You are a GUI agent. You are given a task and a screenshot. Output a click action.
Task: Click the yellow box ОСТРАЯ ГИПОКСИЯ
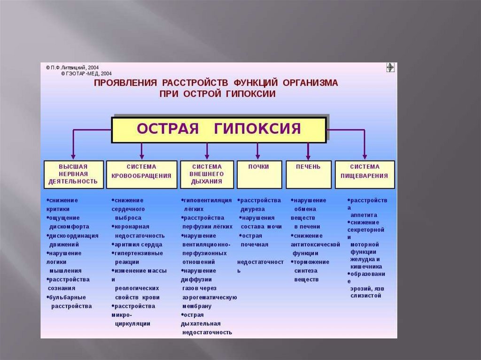pyautogui.click(x=218, y=130)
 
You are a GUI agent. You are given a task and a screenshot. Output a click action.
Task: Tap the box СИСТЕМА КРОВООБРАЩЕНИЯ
pyautogui.click(x=141, y=174)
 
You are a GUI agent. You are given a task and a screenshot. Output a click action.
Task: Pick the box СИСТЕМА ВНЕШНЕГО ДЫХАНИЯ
pyautogui.click(x=207, y=174)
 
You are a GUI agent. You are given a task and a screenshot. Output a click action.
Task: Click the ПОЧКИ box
pyautogui.click(x=259, y=174)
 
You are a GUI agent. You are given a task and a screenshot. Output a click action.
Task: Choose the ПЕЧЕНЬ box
pyautogui.click(x=308, y=174)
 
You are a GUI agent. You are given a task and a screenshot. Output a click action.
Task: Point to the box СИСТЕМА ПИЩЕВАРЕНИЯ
pyautogui.click(x=365, y=174)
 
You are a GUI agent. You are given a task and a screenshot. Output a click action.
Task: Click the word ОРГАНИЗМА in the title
pyautogui.click(x=310, y=83)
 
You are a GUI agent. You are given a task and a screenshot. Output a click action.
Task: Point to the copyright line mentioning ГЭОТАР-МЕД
pyautogui.click(x=86, y=74)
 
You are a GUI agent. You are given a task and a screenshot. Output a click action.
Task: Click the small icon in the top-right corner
pyautogui.click(x=390, y=68)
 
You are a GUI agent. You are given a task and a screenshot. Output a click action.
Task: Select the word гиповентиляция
pyautogui.click(x=208, y=200)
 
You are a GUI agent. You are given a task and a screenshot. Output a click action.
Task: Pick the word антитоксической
pyautogui.click(x=315, y=245)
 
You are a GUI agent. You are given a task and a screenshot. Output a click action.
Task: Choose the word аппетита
pyautogui.click(x=364, y=215)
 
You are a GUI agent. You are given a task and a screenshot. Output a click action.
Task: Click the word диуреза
pyautogui.click(x=253, y=209)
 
